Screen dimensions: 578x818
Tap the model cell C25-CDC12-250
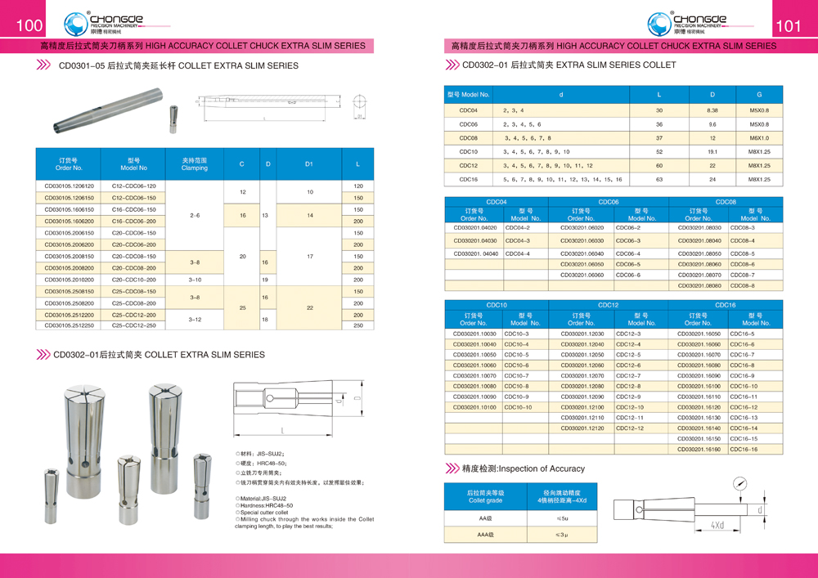(133, 325)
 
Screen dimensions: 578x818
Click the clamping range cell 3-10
(194, 280)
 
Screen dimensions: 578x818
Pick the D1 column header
(309, 164)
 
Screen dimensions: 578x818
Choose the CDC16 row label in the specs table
(469, 179)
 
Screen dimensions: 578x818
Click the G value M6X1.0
(758, 138)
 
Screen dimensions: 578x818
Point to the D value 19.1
(712, 152)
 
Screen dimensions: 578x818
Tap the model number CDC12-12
(630, 428)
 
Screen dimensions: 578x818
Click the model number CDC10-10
(518, 407)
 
